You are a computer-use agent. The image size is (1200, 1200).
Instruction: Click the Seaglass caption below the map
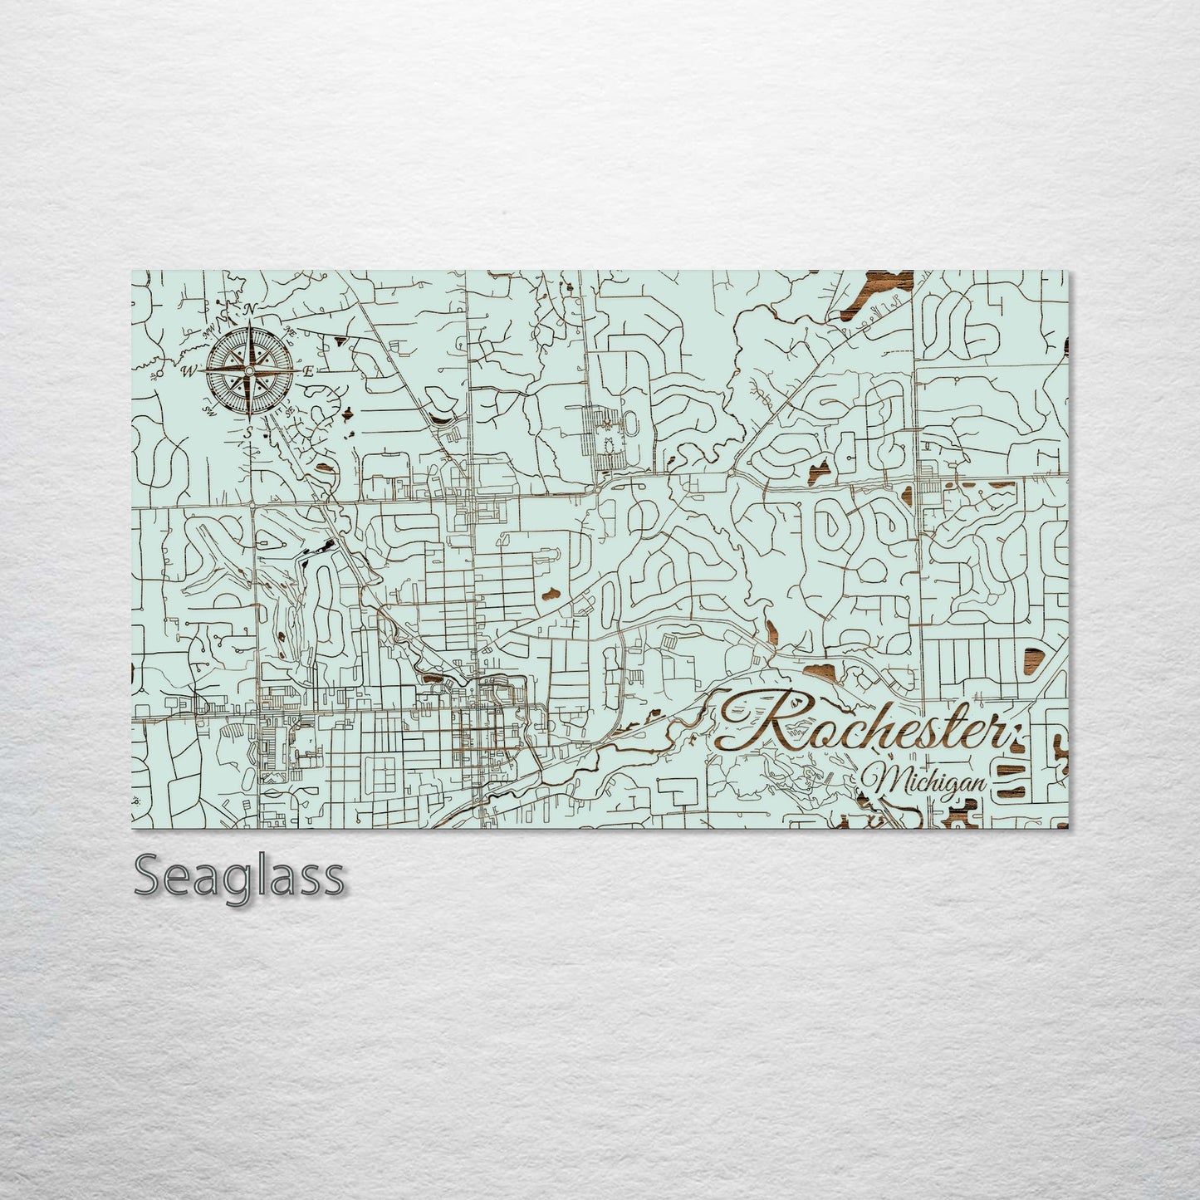pyautogui.click(x=238, y=876)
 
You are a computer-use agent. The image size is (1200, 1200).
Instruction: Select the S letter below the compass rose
pyautogui.click(x=247, y=431)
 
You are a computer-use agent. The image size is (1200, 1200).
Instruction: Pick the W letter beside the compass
pyautogui.click(x=189, y=370)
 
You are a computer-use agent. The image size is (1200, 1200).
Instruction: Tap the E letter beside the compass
pyautogui.click(x=308, y=371)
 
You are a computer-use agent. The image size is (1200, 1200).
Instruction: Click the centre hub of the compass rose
pyautogui.click(x=248, y=370)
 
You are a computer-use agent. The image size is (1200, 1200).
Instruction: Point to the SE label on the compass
pyautogui.click(x=290, y=410)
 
